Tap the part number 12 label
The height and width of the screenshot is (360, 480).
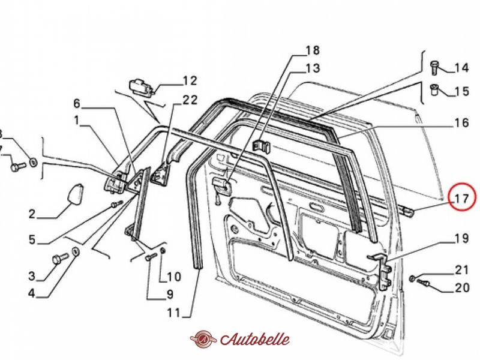coord(190,80)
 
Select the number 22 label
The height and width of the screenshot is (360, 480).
coord(190,100)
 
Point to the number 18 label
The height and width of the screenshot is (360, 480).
coord(313,50)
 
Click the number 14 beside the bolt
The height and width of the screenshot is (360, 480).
coord(461,68)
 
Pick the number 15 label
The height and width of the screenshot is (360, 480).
coord(461,92)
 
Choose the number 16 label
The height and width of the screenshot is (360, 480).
coord(461,124)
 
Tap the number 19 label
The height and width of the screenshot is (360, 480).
coord(461,239)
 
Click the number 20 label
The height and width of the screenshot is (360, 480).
coord(461,288)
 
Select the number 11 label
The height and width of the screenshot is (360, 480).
coord(173,312)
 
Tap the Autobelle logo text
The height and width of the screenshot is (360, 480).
coord(255,339)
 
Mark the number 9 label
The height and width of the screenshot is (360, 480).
coord(169,295)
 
